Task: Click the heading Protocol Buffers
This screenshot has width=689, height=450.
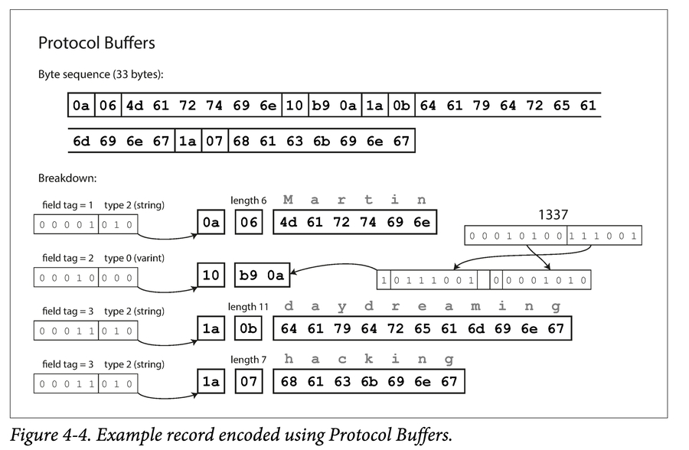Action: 96,43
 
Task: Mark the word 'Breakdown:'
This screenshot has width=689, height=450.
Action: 67,178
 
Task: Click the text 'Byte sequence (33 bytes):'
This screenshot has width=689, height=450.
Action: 100,75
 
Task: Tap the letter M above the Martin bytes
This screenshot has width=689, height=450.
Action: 288,201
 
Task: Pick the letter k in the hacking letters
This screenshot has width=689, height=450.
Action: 368,359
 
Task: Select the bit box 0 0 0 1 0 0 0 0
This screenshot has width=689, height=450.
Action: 86,277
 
